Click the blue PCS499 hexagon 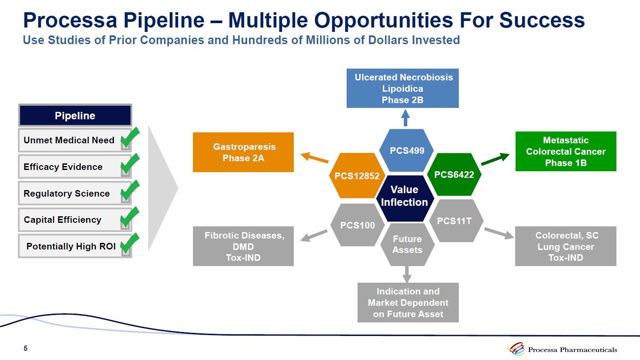[406, 150]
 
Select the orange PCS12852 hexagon [357, 176]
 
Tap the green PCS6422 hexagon [454, 174]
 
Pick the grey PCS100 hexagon [358, 225]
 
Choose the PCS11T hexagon [454, 221]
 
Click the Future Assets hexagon [407, 244]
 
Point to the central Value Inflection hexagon [405, 196]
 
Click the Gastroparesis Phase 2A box [243, 152]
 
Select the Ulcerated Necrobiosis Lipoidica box [403, 88]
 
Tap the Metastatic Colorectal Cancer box [566, 151]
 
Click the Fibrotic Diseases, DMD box [243, 246]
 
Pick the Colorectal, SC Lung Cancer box [566, 246]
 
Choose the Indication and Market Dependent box [408, 302]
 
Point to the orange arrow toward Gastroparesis [314, 158]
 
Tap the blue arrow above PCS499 [406, 118]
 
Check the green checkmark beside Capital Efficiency [129, 217]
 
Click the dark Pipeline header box [75, 116]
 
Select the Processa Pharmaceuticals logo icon [516, 349]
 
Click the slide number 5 [25, 348]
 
